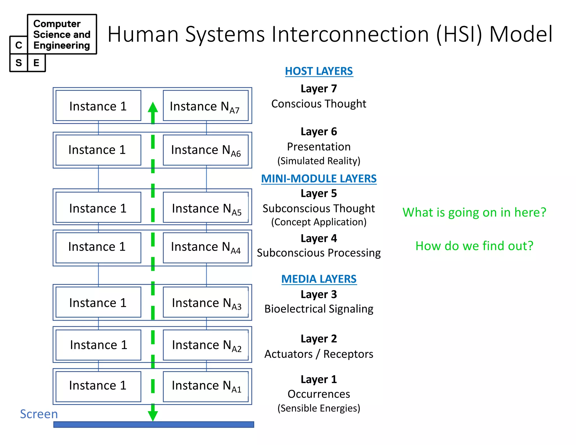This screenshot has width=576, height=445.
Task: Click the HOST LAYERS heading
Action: click(319, 71)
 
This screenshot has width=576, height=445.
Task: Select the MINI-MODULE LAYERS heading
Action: click(319, 179)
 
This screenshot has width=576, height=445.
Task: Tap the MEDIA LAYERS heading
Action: click(319, 279)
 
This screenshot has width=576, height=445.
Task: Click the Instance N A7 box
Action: click(206, 106)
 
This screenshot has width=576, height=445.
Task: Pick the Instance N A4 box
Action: click(206, 248)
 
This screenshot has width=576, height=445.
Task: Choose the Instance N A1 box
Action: click(206, 386)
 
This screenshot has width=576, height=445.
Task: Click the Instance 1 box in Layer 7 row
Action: click(98, 106)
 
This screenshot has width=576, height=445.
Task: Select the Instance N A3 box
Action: click(206, 302)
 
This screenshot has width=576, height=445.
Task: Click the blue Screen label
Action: click(39, 414)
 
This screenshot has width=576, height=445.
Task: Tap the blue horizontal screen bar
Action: click(154, 424)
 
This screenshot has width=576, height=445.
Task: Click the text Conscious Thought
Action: click(319, 104)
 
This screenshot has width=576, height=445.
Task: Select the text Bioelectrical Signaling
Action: click(319, 309)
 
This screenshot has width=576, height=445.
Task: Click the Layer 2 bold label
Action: click(319, 339)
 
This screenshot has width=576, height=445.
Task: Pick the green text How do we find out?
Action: click(474, 246)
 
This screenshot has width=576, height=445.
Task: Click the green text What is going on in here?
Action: click(474, 212)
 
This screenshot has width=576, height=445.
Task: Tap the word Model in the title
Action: click(521, 34)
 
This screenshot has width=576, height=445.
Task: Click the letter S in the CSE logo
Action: click(19, 63)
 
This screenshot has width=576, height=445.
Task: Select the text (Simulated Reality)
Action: click(319, 161)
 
